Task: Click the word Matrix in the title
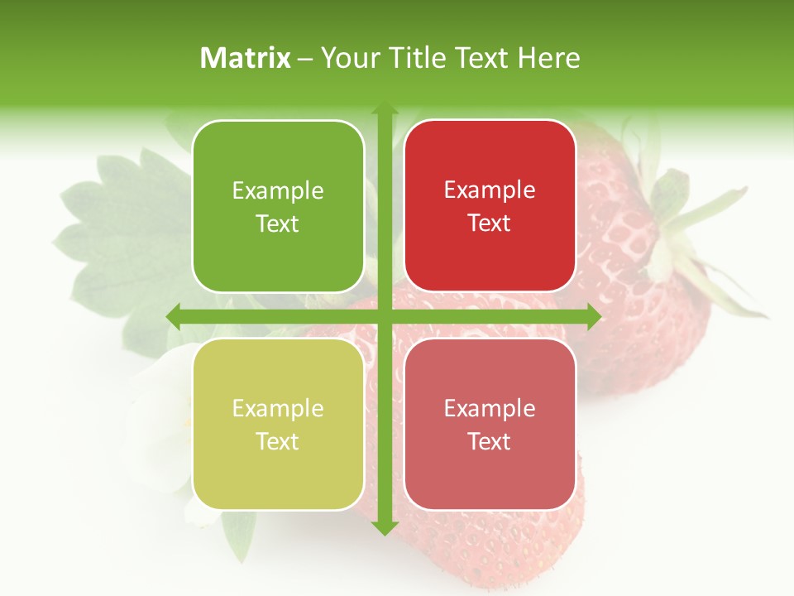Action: [246, 58]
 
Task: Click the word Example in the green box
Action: [278, 191]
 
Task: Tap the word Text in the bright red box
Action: [490, 223]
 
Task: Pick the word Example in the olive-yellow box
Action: [278, 409]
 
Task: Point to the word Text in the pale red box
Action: [490, 442]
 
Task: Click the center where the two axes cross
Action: [385, 316]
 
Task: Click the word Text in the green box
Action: [278, 224]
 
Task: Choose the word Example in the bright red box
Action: [490, 190]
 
